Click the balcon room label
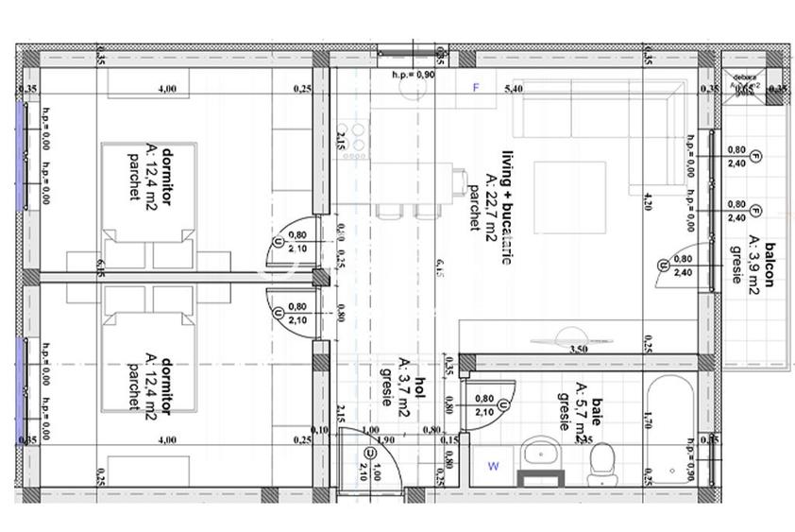tap(770, 263)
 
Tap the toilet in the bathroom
tap(600, 460)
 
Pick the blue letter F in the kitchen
tap(477, 88)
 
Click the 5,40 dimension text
tap(514, 89)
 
